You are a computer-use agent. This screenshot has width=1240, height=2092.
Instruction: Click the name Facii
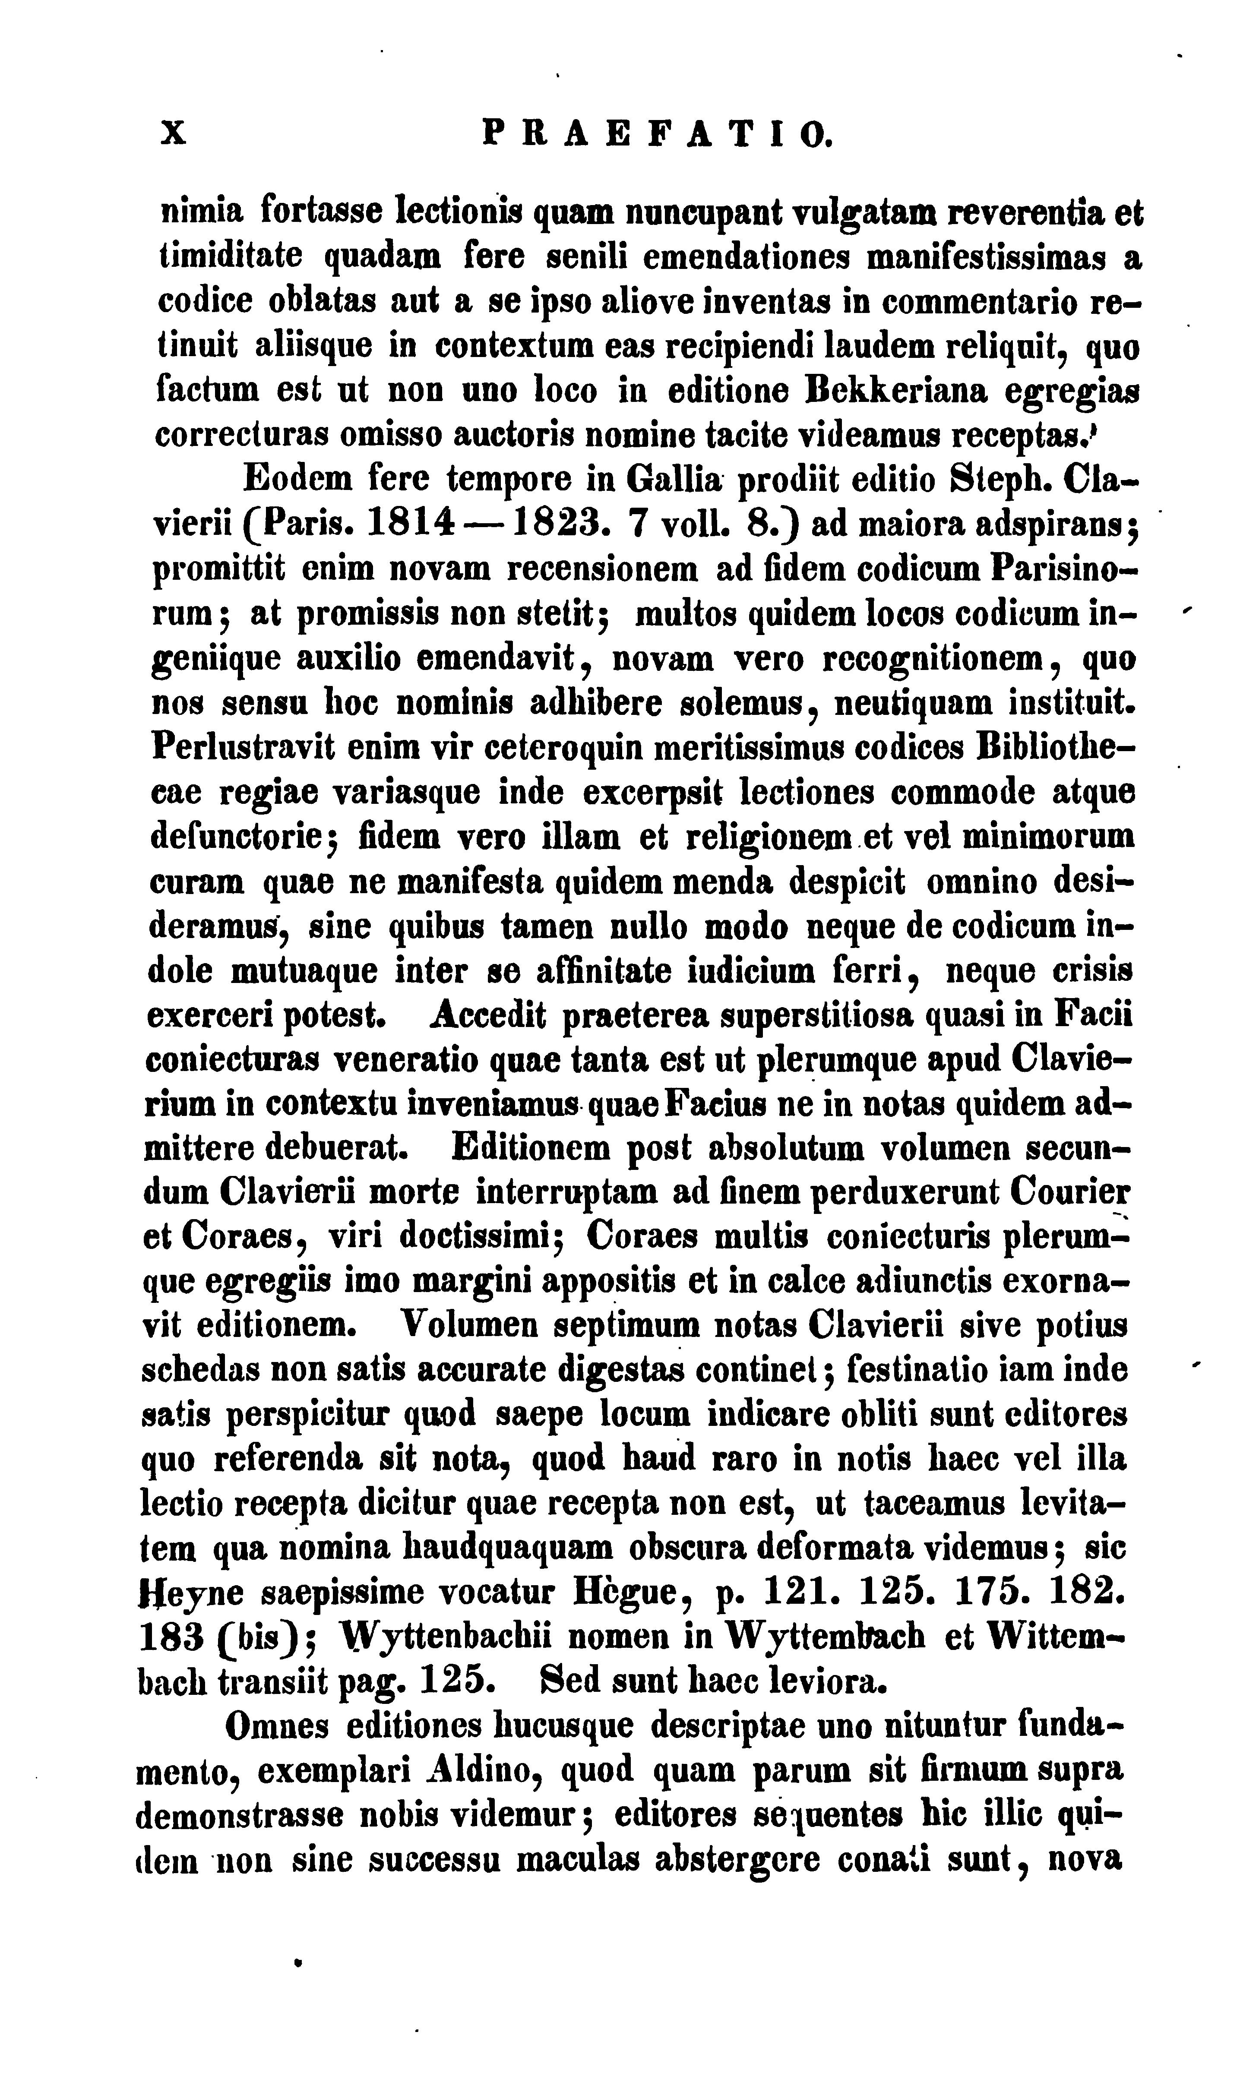coord(1093,1016)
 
